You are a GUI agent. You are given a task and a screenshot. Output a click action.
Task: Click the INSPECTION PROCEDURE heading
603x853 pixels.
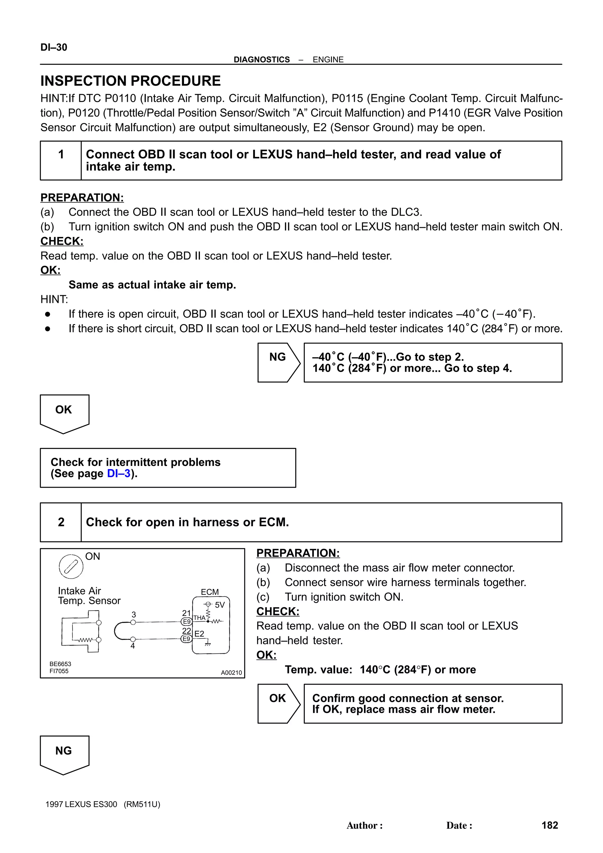coord(130,81)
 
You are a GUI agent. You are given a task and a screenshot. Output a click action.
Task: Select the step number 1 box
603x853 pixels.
coord(61,154)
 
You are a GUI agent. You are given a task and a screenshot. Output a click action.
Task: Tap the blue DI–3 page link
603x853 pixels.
coord(119,473)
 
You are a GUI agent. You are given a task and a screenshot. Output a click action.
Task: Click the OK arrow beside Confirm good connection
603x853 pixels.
coord(278,703)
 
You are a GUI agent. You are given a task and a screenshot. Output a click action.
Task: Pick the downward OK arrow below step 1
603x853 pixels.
coord(64,412)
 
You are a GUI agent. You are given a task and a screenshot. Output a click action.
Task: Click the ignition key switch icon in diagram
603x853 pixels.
coord(71,566)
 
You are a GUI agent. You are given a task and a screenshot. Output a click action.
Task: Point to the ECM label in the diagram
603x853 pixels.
coord(210,592)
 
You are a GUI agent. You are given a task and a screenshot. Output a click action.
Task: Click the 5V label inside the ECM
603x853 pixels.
coord(220,605)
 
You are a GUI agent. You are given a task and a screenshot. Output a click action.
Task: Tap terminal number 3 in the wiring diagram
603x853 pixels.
coord(134,615)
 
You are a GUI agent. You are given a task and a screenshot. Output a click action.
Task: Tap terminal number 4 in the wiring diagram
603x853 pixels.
coord(132,646)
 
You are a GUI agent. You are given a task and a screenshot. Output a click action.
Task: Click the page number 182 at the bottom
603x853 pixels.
coord(549,825)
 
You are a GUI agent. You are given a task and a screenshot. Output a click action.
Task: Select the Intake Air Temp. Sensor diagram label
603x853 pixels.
coord(89,595)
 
